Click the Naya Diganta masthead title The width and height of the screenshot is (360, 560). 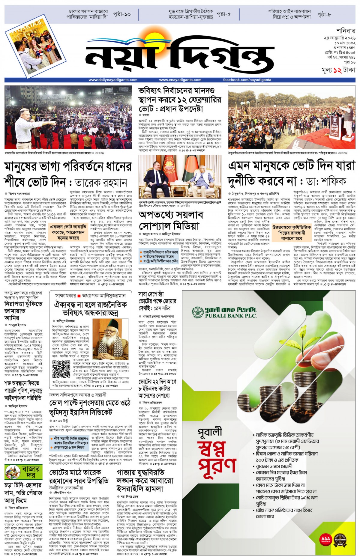[x=180, y=57]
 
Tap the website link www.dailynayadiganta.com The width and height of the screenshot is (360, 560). [x=113, y=80]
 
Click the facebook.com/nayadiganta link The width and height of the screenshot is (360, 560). [x=247, y=80]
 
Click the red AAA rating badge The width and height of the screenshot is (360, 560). [x=325, y=539]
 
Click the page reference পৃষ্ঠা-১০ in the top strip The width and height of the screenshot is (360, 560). [x=122, y=14]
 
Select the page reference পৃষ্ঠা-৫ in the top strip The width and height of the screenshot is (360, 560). [x=224, y=14]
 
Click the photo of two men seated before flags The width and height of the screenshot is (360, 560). [x=180, y=177]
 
